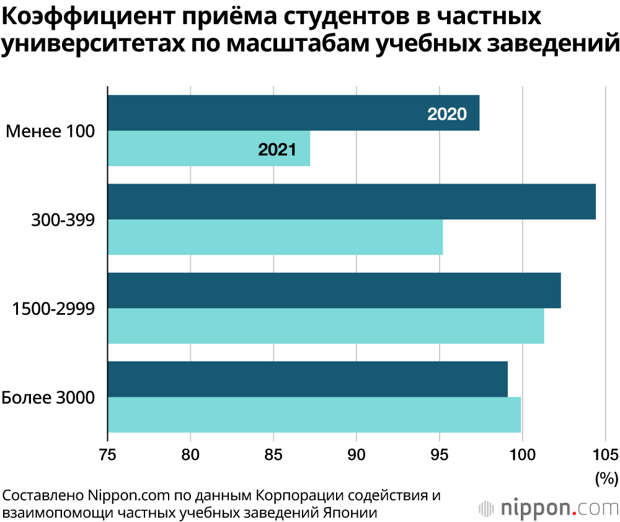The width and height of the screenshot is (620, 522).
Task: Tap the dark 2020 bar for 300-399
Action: pyautogui.click(x=352, y=201)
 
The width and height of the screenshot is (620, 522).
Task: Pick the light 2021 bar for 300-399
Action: pyautogui.click(x=275, y=237)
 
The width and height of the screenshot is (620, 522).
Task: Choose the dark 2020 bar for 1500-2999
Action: pyautogui.click(x=334, y=290)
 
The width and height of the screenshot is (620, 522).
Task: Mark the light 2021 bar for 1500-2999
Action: pyautogui.click(x=325, y=326)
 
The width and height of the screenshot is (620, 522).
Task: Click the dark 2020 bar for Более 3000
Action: pyautogui.click(x=308, y=379)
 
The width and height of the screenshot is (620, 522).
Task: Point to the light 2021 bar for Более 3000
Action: pyautogui.click(x=314, y=415)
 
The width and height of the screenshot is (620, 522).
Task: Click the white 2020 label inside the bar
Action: pyautogui.click(x=447, y=114)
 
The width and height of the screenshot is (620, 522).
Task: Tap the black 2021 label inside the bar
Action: pyautogui.click(x=277, y=149)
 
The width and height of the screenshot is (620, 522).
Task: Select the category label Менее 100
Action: pyautogui.click(x=50, y=131)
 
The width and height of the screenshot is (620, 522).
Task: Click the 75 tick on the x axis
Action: pyautogui.click(x=108, y=454)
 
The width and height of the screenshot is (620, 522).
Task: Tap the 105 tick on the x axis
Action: pyautogui.click(x=605, y=454)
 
